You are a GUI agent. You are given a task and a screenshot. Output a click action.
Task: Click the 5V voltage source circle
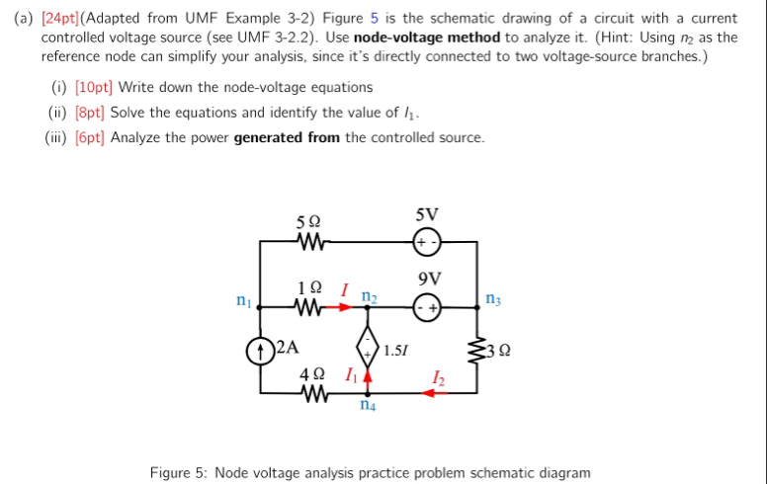[x=427, y=241]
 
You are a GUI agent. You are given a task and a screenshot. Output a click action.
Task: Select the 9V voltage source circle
[x=427, y=307]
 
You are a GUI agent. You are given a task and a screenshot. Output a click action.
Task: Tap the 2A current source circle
[x=260, y=347]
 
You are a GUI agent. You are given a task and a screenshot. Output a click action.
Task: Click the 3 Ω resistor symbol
[x=477, y=349]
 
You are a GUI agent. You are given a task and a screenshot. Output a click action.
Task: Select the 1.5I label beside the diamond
[x=396, y=349]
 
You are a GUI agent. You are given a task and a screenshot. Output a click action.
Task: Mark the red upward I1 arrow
[x=368, y=376]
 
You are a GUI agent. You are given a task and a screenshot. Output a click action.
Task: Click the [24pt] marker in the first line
[x=61, y=19]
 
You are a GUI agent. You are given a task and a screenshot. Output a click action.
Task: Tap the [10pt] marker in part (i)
[x=95, y=88]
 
